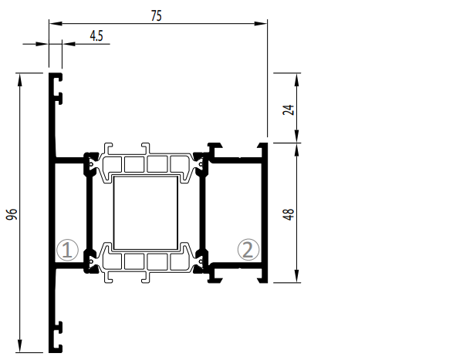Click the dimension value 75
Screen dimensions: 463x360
(157, 16)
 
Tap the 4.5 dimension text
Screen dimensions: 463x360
(96, 36)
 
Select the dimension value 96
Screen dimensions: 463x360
(12, 214)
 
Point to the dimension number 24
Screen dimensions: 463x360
(289, 109)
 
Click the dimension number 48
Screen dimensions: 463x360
(289, 214)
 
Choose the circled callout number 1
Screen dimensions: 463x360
(67, 250)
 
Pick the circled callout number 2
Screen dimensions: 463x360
(248, 250)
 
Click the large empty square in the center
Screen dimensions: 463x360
(146, 213)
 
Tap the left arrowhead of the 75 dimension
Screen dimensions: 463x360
(56, 23)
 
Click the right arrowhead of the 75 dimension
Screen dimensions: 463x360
(261, 23)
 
